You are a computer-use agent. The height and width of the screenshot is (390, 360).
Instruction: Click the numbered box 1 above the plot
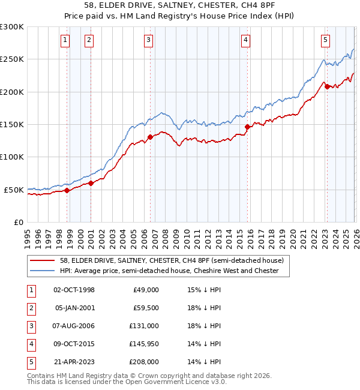(x=65, y=40)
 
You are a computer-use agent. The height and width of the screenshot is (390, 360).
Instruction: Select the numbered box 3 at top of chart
(x=148, y=40)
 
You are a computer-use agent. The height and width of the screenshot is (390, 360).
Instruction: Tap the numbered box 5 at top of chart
(x=325, y=40)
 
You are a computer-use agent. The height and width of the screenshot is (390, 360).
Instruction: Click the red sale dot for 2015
(x=248, y=127)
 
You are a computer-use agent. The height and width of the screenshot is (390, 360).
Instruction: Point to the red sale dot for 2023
(x=327, y=86)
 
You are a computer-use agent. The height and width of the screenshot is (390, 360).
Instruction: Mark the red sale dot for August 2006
(x=150, y=137)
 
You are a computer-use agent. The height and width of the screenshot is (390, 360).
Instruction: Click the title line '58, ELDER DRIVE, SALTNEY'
(x=180, y=8)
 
